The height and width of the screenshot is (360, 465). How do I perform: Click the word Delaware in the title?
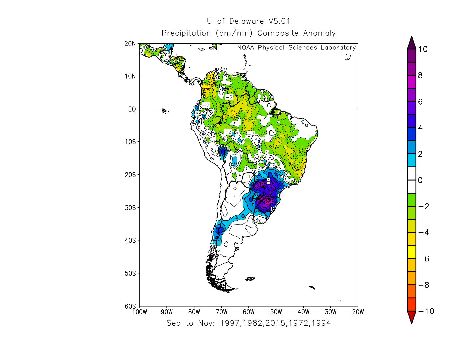click(246, 21)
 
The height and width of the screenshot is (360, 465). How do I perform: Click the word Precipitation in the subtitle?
click(186, 33)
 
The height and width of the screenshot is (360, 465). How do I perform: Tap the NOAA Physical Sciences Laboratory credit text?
click(296, 48)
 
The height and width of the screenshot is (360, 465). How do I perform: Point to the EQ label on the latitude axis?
click(132, 109)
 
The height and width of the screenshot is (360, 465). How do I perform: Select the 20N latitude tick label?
click(130, 44)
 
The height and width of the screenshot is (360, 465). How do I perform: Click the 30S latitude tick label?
click(130, 208)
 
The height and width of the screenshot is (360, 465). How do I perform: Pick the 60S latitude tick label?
click(130, 306)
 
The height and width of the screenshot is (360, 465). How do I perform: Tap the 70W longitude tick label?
click(221, 312)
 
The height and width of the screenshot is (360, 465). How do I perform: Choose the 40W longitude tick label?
click(304, 312)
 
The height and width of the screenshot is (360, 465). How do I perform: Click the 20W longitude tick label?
click(358, 312)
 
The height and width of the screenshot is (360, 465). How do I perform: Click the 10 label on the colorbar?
click(423, 49)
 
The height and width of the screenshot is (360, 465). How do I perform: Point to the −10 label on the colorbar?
click(426, 311)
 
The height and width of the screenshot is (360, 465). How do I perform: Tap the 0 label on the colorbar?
click(420, 180)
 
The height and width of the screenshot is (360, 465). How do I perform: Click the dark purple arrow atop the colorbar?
click(411, 43)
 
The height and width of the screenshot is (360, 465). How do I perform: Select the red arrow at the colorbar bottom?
click(411, 317)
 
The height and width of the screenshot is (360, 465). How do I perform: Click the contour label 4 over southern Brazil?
click(269, 181)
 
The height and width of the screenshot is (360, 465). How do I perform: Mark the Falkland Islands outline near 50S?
click(250, 279)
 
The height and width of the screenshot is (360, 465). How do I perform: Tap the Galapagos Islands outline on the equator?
click(165, 111)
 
